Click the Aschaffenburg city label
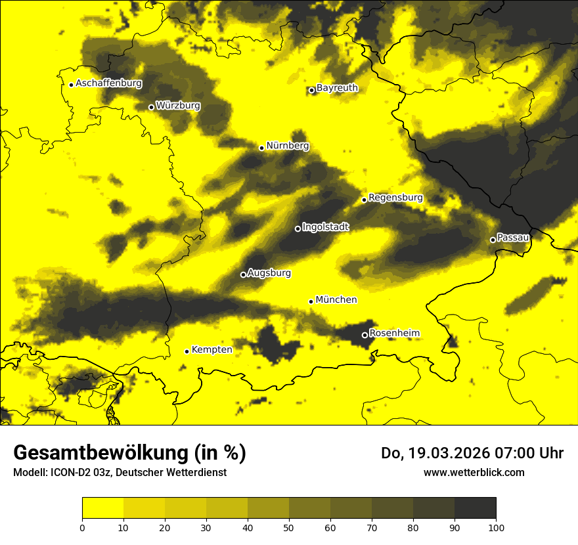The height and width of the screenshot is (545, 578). [x=108, y=83]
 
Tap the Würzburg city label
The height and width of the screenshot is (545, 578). [x=178, y=106]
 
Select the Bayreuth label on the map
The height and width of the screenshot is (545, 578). [x=337, y=87]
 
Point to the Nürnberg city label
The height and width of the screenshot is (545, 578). [x=287, y=146]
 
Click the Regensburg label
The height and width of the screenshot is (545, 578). [x=395, y=198]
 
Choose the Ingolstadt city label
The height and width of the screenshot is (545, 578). [x=326, y=227]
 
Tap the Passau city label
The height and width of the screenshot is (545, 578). [x=513, y=237]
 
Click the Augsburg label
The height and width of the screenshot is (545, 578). [x=269, y=273]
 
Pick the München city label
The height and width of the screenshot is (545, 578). [x=336, y=300]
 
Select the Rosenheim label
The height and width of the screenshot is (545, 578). [x=394, y=334]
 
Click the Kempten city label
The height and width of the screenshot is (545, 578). [x=212, y=349]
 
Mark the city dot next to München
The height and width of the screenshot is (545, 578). [x=311, y=301]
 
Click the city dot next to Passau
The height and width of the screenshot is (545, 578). [x=493, y=240]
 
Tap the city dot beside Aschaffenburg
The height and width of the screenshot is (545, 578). [x=71, y=85]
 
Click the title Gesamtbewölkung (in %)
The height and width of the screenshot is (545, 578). [x=129, y=453]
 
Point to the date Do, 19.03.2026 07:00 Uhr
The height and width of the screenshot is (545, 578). [x=472, y=453]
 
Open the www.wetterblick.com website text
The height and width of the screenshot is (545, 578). [x=474, y=472]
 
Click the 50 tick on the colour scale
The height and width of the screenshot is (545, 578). [x=289, y=527]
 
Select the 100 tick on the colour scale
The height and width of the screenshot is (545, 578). [x=496, y=527]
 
